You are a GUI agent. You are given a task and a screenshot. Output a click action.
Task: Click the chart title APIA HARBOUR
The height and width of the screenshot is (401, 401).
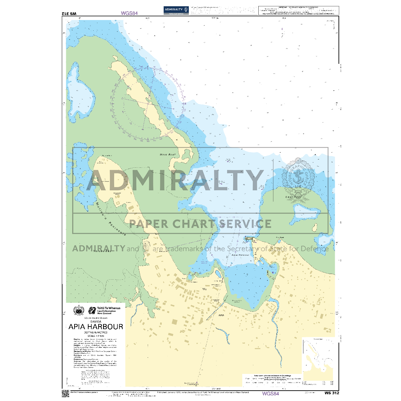pos(96,326)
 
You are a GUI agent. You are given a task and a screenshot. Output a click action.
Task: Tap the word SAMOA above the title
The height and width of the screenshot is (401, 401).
pos(96,321)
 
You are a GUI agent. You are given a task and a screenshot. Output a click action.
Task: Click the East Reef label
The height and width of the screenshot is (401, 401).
pos(293,197)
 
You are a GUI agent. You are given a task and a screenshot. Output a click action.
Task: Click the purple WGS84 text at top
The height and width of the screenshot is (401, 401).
pos(129,13)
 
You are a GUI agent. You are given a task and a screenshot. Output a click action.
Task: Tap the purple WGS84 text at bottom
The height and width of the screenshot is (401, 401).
pos(271,394)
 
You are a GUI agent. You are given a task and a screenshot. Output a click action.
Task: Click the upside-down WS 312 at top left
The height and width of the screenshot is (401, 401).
pos(69,13)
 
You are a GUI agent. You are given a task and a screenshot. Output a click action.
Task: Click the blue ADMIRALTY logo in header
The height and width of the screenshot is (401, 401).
pos(176,10)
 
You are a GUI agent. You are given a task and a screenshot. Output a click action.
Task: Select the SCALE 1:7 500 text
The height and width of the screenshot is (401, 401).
pos(96,336)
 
